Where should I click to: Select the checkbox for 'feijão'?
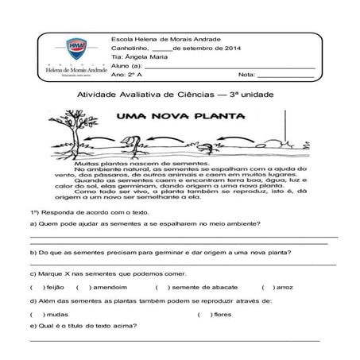click(x=34, y=287)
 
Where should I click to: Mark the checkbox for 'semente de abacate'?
click(x=160, y=287)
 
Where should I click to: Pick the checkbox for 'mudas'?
click(x=34, y=314)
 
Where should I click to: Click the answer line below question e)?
click(x=175, y=339)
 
